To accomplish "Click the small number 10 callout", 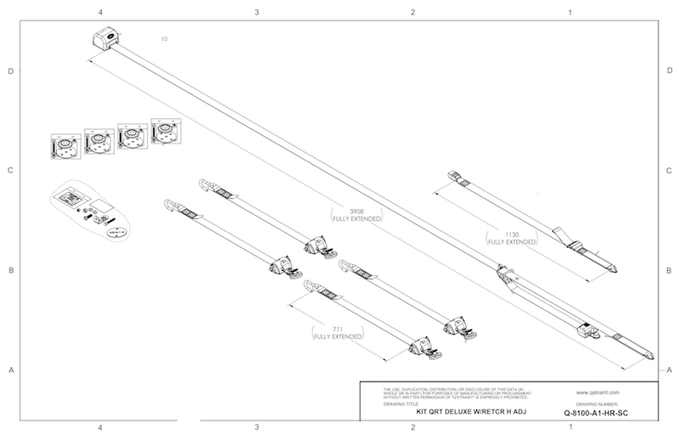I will point(165,39).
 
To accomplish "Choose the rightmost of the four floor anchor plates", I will point(164,130).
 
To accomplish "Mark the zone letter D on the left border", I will point(10,71).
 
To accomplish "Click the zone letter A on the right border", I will point(670,369).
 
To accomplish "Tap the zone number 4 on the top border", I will point(100,13).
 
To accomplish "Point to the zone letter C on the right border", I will point(670,171).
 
